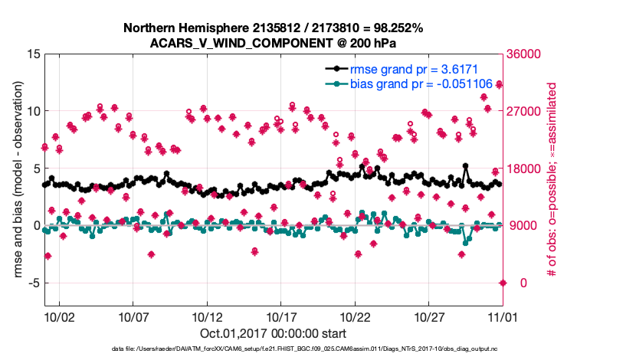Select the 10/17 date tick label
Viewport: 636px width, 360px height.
(281, 316)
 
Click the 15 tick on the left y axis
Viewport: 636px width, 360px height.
(32, 54)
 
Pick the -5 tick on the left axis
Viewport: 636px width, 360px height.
(33, 283)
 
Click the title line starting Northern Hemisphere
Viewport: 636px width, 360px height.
(273, 28)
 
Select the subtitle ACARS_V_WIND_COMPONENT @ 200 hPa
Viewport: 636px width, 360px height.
(273, 43)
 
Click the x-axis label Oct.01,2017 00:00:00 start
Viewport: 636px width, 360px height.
(273, 334)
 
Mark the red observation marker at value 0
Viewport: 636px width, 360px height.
(503, 283)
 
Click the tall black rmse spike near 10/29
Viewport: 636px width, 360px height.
(465, 165)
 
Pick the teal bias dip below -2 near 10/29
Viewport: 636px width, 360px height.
(463, 254)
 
